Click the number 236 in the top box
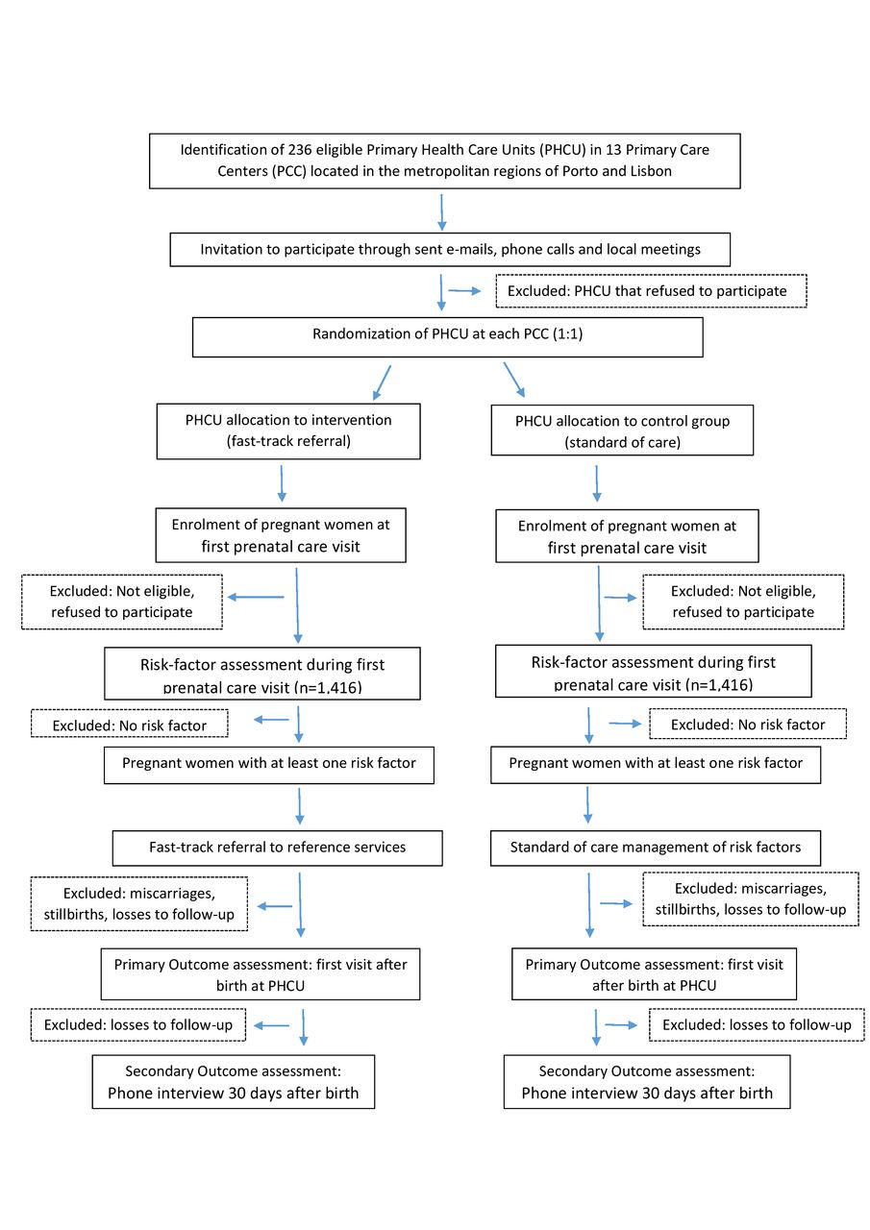point(300,150)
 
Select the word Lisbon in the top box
point(651,171)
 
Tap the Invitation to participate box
point(450,250)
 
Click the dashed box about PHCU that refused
point(651,291)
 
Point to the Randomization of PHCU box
point(448,337)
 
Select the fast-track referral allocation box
point(288,431)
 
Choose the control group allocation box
point(622,430)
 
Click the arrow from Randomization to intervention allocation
point(382,382)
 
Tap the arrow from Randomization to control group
point(514,380)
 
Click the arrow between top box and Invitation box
point(441,212)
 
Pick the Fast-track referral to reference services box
point(278,849)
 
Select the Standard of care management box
point(656,849)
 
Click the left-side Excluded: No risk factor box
point(130,724)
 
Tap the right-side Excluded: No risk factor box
point(748,724)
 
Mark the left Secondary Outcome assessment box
point(234,1082)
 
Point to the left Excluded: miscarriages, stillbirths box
point(139,904)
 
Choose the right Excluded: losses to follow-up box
point(757,1024)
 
